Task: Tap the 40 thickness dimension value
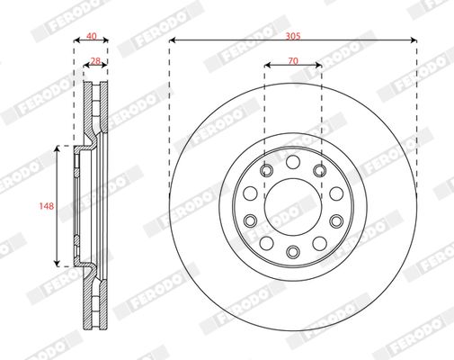tap(90, 36)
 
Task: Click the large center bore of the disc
tap(293, 205)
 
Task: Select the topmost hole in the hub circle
tap(293, 161)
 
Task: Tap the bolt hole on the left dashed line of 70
tap(266, 169)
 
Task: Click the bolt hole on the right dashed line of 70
tap(320, 169)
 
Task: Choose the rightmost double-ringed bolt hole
tap(335, 220)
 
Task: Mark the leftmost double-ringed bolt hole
tap(251, 220)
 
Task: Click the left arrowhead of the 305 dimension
tap(172, 40)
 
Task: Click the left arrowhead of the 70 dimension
tap(268, 65)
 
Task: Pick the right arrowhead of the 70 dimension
tap(318, 65)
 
